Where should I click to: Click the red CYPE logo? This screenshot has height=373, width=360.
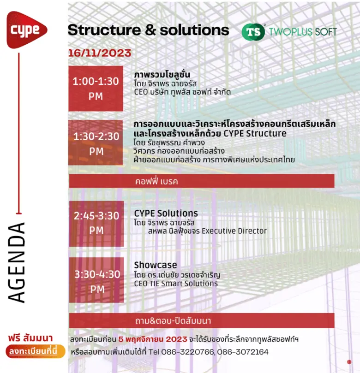pyautogui.click(x=26, y=30)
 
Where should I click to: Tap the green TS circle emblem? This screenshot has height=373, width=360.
pyautogui.click(x=253, y=31)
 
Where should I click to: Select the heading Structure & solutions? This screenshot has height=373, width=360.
pyautogui.click(x=148, y=30)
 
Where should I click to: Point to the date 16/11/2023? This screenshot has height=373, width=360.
pyautogui.click(x=99, y=53)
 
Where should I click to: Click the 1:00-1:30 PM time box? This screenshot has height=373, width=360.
pyautogui.click(x=96, y=89)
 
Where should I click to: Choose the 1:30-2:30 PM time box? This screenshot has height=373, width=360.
pyautogui.click(x=96, y=143)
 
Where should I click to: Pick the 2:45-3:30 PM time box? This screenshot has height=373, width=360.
pyautogui.click(x=96, y=223)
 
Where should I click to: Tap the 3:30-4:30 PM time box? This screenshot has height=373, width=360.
pyautogui.click(x=97, y=282)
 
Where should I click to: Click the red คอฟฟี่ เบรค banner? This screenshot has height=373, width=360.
pyautogui.click(x=202, y=181)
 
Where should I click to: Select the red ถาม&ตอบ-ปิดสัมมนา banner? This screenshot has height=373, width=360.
pyautogui.click(x=202, y=320)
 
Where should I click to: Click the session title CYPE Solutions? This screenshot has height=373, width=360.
pyautogui.click(x=166, y=213)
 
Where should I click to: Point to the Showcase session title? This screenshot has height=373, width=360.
pyautogui.click(x=156, y=265)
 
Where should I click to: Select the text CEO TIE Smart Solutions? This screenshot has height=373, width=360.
pyautogui.click(x=176, y=284)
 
